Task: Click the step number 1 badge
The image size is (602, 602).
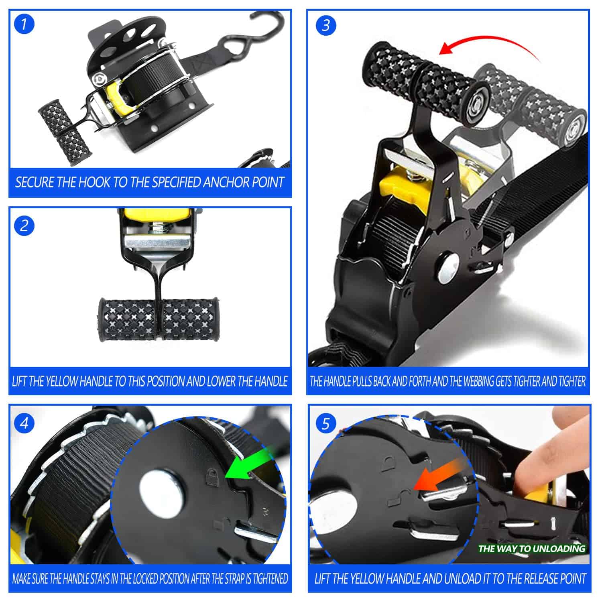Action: (x=24, y=24)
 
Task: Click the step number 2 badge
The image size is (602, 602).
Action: (x=24, y=226)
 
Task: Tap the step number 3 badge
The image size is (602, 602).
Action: (x=326, y=26)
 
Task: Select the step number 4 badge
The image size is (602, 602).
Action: (x=24, y=424)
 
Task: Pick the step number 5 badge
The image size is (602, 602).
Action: (x=326, y=424)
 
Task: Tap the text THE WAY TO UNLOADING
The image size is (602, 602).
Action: (x=532, y=549)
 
